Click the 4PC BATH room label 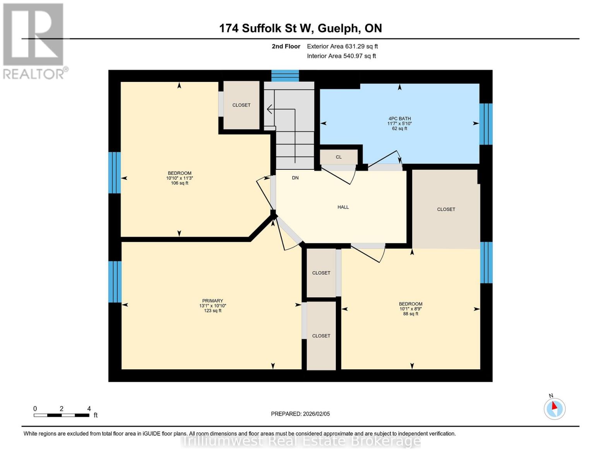pyautogui.click(x=399, y=119)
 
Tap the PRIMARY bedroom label pyautogui.click(x=212, y=301)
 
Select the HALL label pyautogui.click(x=343, y=207)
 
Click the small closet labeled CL pyautogui.click(x=339, y=157)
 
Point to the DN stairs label pyautogui.click(x=295, y=178)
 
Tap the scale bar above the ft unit pyautogui.click(x=62, y=415)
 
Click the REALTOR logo pyautogui.click(x=34, y=41)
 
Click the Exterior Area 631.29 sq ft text pyautogui.click(x=342, y=46)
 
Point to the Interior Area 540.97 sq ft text pyautogui.click(x=341, y=56)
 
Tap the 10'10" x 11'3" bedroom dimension pyautogui.click(x=180, y=178)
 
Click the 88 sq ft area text pyautogui.click(x=411, y=314)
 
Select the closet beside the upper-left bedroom pyautogui.click(x=241, y=105)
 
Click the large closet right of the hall pyautogui.click(x=446, y=209)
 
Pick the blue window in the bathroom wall pyautogui.click(x=486, y=124)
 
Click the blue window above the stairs pyautogui.click(x=285, y=76)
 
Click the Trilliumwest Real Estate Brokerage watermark pyautogui.click(x=301, y=441)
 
